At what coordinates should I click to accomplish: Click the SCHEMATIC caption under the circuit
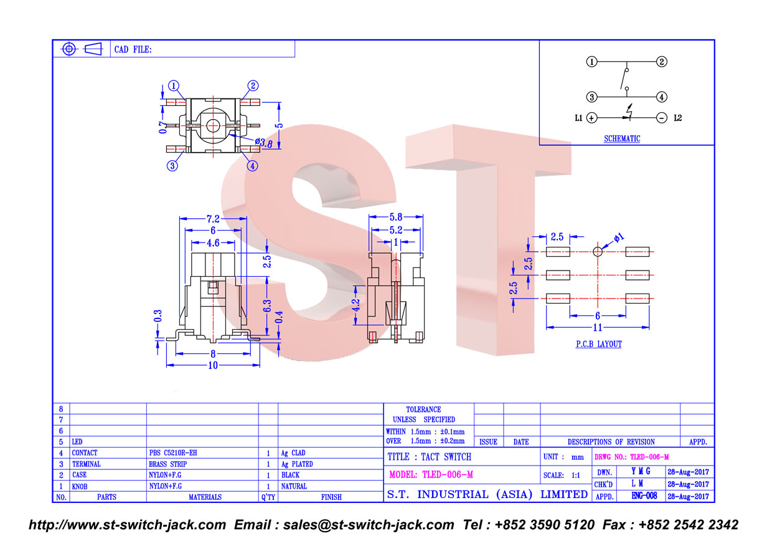point(621,139)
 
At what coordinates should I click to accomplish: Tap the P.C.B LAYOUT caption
point(598,344)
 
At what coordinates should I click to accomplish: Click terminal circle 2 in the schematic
point(661,62)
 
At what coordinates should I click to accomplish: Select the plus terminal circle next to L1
point(591,118)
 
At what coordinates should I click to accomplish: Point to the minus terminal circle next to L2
point(661,118)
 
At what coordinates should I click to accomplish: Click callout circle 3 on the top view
point(172,166)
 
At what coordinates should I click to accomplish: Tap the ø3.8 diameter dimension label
point(263,143)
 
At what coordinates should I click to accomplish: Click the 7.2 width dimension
point(213,219)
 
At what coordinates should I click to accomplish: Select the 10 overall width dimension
point(213,365)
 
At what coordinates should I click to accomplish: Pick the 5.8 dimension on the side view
point(396,217)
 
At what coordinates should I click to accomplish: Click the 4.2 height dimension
point(356,305)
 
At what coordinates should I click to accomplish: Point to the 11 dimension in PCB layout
point(598,328)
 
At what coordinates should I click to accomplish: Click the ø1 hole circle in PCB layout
point(598,252)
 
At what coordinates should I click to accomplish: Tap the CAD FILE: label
point(133,50)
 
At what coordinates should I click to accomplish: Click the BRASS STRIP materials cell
point(168,464)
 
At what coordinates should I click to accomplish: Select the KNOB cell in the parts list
point(80,487)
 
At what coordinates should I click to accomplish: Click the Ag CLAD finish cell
point(293,453)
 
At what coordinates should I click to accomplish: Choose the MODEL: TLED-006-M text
point(431,475)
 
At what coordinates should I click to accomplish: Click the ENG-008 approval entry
point(644,496)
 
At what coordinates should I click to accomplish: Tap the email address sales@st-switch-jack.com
point(369,525)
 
